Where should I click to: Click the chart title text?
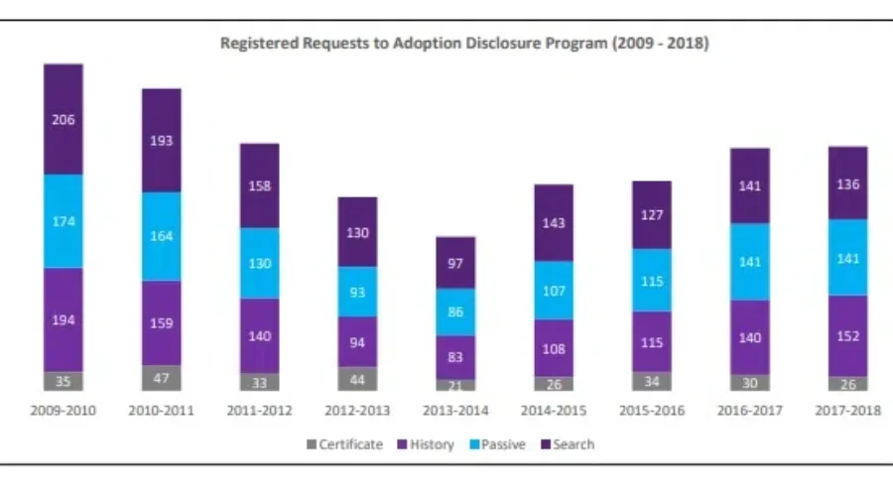pyautogui.click(x=464, y=45)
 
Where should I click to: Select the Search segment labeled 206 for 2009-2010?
pyautogui.click(x=64, y=119)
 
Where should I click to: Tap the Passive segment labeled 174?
pyautogui.click(x=64, y=221)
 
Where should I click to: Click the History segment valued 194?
pyautogui.click(x=64, y=319)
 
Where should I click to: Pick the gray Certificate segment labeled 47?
pyautogui.click(x=162, y=378)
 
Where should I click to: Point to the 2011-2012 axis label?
pyautogui.click(x=259, y=411)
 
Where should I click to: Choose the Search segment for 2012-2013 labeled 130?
pyautogui.click(x=357, y=232)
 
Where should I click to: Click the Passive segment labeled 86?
pyautogui.click(x=455, y=311)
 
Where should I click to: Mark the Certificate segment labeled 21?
pyautogui.click(x=455, y=385)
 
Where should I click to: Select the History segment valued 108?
pyautogui.click(x=554, y=348)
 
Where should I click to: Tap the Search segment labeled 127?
pyautogui.click(x=652, y=215)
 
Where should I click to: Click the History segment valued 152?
pyautogui.click(x=848, y=336)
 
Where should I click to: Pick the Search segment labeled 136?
pyautogui.click(x=848, y=184)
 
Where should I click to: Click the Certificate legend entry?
pyautogui.click(x=344, y=444)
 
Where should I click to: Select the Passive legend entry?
pyautogui.click(x=503, y=444)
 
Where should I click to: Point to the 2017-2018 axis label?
pyautogui.click(x=848, y=411)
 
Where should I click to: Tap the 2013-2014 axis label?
pyautogui.click(x=455, y=411)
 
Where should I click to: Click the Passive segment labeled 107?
pyautogui.click(x=554, y=291)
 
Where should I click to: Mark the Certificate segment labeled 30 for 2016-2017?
pyautogui.click(x=750, y=382)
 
